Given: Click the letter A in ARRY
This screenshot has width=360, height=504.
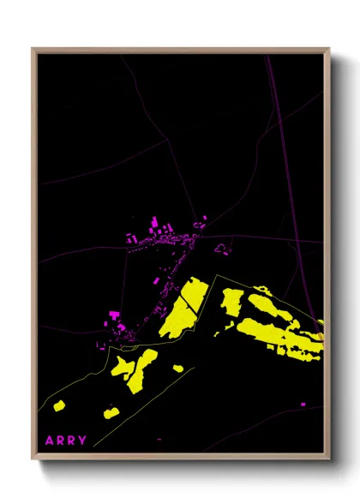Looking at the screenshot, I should tap(49, 441).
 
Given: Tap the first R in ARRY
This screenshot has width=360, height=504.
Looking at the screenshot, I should tap(60, 441).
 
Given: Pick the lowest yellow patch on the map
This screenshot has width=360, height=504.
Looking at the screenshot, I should tap(111, 412).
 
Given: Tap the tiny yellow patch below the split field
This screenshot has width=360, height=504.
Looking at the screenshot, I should tap(177, 369).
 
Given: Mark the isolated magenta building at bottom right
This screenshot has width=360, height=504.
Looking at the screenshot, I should tap(303, 404).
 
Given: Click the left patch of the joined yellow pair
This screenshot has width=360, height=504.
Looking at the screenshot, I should tap(122, 367).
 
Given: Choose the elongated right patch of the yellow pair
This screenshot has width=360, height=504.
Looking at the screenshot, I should tap(143, 369).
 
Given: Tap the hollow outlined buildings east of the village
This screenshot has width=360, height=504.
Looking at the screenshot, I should tap(223, 249).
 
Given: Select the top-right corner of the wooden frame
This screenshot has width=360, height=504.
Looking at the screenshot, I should tap(329, 50).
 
